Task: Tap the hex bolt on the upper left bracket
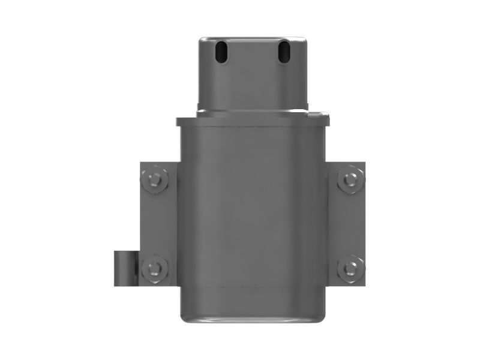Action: point(155,179)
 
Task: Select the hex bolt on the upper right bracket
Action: point(350,179)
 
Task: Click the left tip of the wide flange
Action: point(178,122)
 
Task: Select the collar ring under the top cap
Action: point(252,110)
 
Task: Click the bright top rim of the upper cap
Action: point(252,38)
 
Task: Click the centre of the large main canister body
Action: point(252,216)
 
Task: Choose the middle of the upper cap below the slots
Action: point(252,84)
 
